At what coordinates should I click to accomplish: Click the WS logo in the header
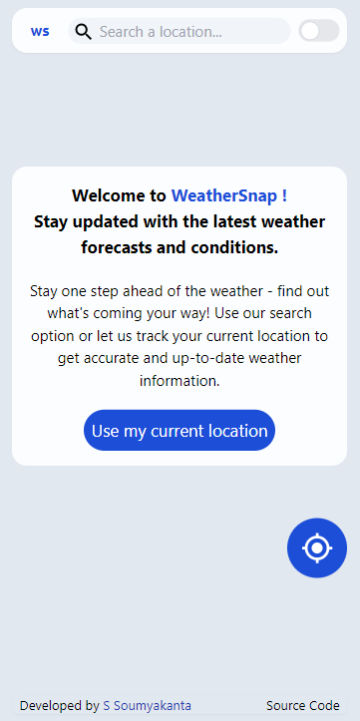click(x=40, y=32)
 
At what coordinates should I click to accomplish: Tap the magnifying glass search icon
click(x=84, y=32)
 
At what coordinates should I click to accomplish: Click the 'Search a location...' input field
click(x=180, y=32)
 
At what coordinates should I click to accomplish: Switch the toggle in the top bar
click(x=319, y=31)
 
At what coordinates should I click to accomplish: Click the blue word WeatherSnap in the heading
click(x=224, y=195)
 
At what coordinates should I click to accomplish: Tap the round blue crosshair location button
click(x=317, y=547)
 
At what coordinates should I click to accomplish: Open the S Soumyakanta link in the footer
click(x=147, y=705)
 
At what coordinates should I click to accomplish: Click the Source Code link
click(x=303, y=705)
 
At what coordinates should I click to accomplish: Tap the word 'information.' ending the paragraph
click(x=180, y=380)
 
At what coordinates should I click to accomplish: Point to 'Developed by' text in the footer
click(x=59, y=705)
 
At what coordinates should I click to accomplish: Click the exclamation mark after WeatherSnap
click(x=285, y=195)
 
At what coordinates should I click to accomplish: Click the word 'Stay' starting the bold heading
click(x=52, y=221)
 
